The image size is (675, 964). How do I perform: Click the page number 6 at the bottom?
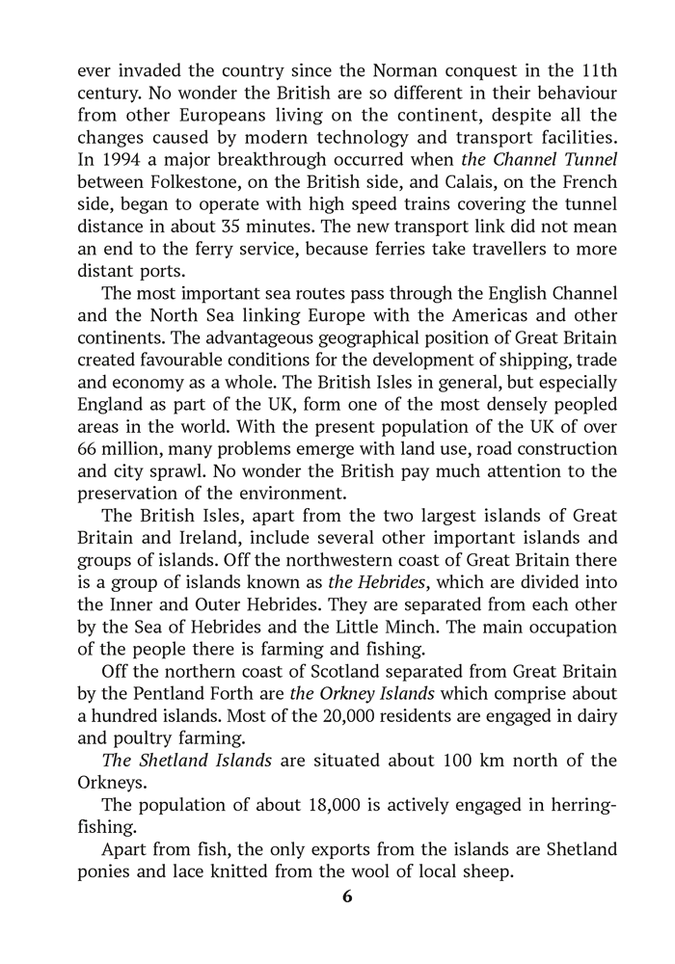pos(348,896)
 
